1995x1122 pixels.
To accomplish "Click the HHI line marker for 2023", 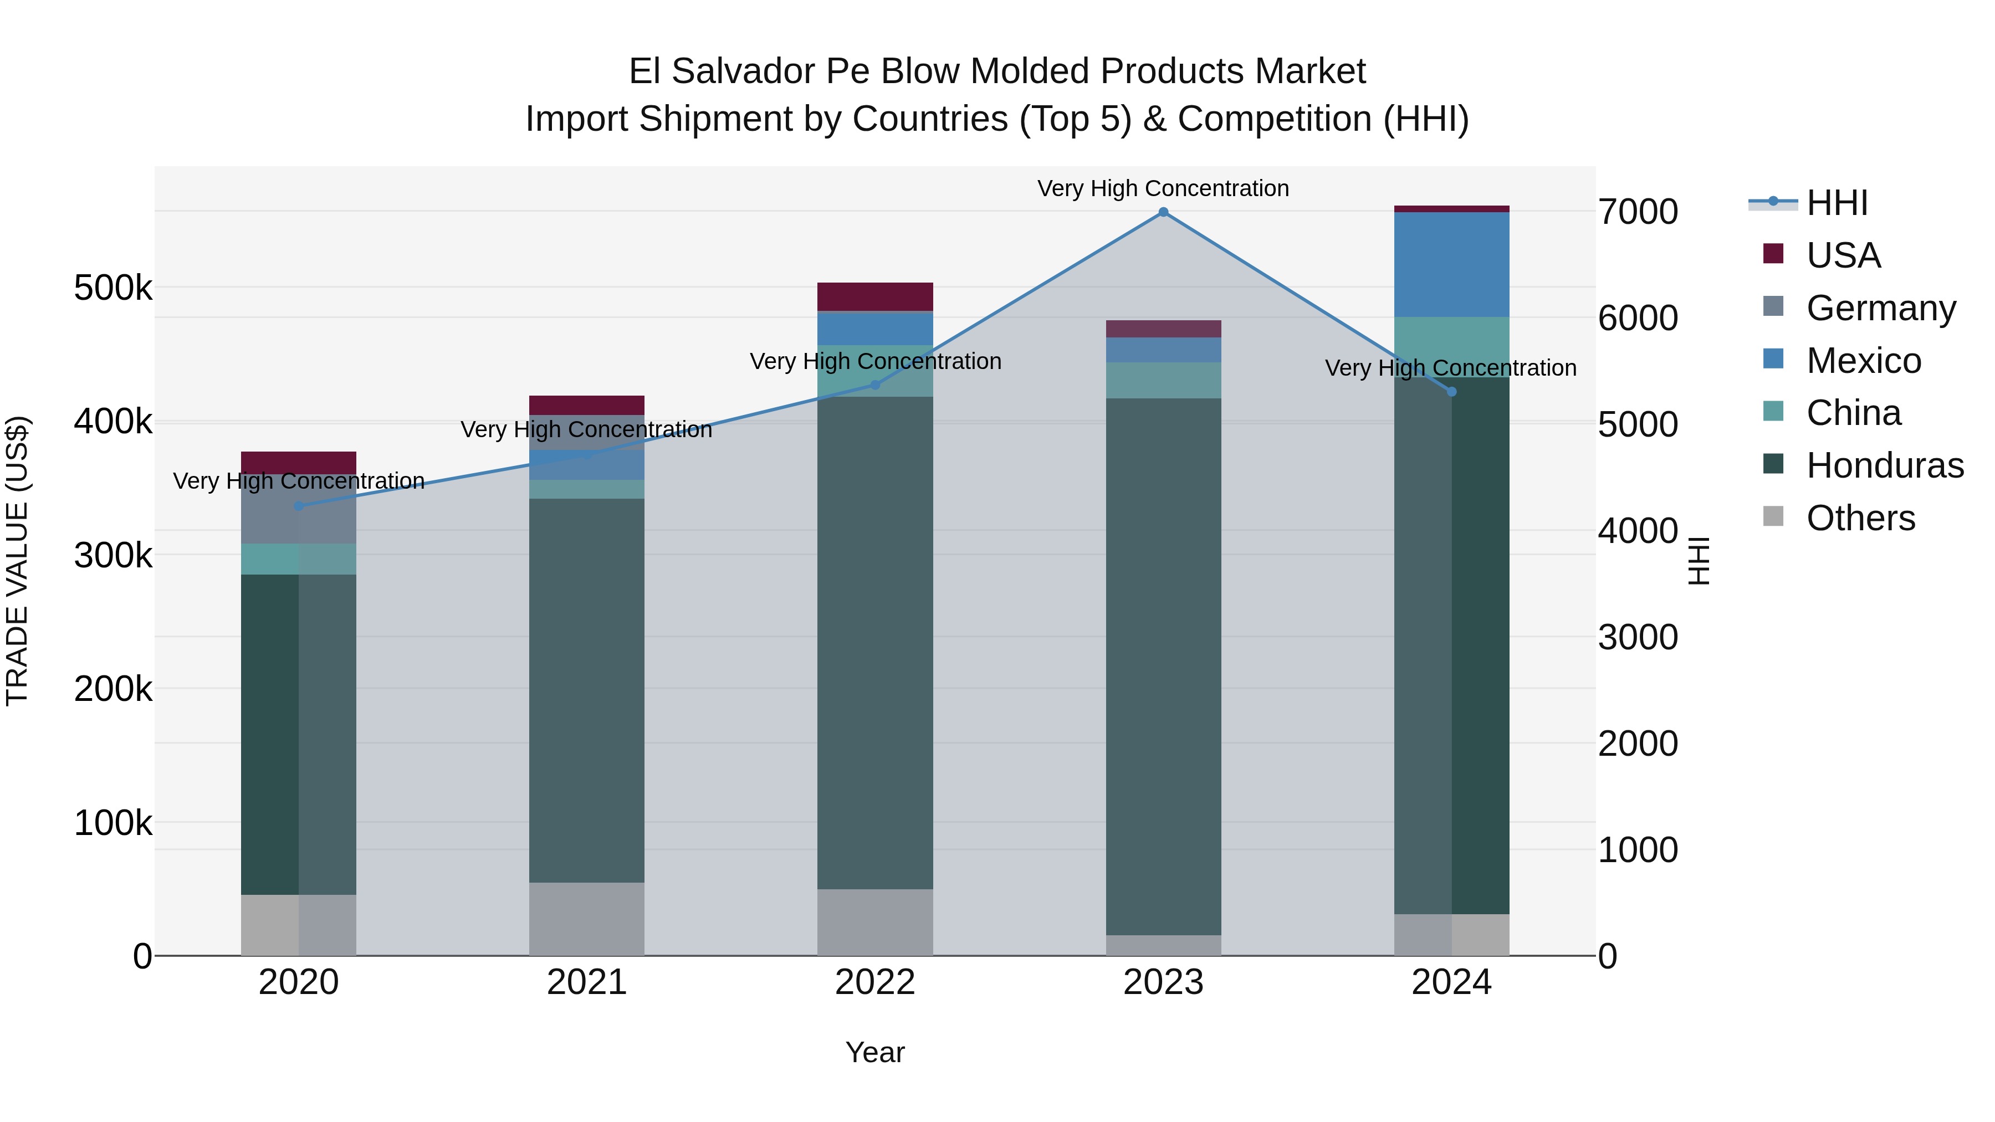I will (1163, 212).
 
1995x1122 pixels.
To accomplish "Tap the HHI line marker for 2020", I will (299, 506).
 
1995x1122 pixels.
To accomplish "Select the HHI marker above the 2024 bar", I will (1451, 392).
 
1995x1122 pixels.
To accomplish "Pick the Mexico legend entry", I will (1863, 361).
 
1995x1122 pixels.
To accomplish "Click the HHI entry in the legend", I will (1837, 203).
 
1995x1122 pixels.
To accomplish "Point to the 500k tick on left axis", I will (113, 289).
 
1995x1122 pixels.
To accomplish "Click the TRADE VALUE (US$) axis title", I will (17, 561).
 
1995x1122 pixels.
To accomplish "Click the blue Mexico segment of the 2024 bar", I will (1451, 264).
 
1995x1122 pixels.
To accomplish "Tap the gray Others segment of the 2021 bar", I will (586, 919).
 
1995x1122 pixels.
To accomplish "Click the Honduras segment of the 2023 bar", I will (1163, 666).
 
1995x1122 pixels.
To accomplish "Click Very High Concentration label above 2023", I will (1163, 189).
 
